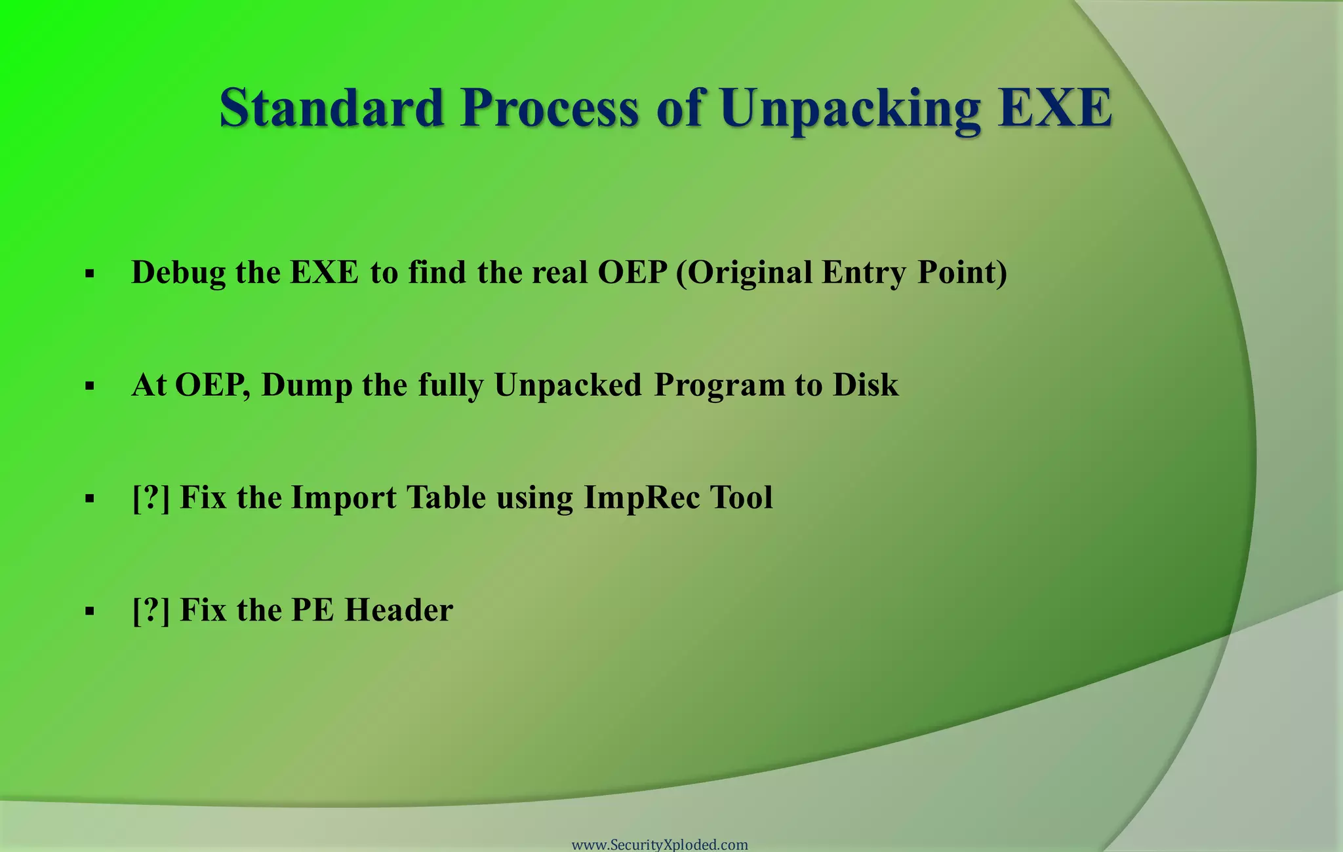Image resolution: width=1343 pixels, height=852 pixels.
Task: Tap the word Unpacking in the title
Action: [851, 108]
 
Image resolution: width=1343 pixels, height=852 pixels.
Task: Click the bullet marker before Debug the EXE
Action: [90, 274]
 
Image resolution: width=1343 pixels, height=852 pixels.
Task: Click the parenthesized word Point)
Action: [962, 273]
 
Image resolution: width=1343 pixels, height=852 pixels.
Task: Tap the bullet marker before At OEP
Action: [90, 387]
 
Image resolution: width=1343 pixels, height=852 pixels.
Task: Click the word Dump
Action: [306, 385]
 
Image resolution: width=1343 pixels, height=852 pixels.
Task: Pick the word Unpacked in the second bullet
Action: [567, 385]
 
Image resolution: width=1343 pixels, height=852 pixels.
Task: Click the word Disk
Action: [866, 385]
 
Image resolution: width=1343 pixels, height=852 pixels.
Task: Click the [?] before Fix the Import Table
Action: [151, 498]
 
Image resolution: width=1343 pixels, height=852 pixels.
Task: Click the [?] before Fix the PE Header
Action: [151, 611]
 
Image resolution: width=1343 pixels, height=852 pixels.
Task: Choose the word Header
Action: [399, 611]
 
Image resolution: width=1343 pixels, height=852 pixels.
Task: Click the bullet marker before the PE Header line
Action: [90, 612]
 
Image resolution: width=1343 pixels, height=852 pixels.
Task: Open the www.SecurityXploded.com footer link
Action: [660, 844]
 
